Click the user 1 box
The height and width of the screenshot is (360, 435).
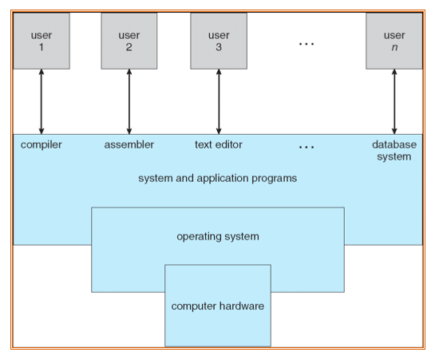[42, 41]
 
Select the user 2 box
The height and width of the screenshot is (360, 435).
[129, 41]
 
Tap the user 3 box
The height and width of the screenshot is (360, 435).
[219, 41]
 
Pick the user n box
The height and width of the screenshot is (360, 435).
[394, 41]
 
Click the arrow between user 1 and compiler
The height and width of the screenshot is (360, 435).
[42, 102]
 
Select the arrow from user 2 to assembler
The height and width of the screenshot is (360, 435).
[129, 102]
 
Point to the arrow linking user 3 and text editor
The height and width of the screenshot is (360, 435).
[219, 102]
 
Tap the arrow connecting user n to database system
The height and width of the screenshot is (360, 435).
[394, 102]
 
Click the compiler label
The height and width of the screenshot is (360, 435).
[41, 145]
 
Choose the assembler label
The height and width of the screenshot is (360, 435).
[129, 144]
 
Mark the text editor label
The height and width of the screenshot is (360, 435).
[219, 144]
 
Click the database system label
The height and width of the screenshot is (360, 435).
[394, 151]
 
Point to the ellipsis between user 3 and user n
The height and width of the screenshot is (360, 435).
[306, 44]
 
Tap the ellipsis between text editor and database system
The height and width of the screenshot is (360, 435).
[306, 147]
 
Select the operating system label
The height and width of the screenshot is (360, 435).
[218, 237]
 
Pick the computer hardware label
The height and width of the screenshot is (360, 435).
[217, 307]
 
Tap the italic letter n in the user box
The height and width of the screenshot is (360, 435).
[394, 48]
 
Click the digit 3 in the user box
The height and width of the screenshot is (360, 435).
[219, 47]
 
